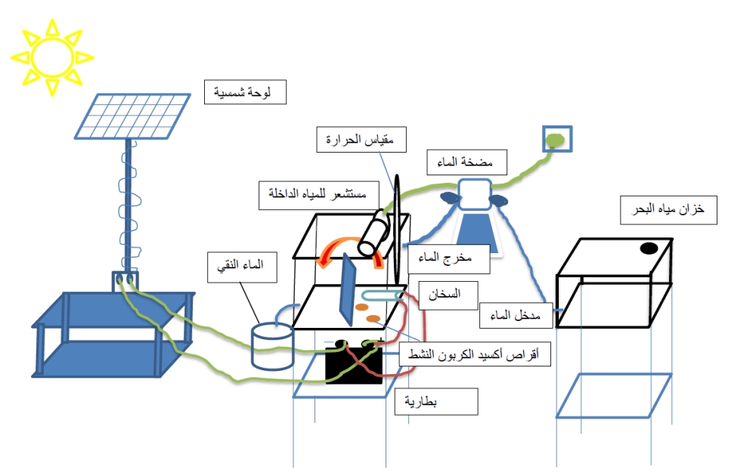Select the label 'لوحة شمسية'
247,94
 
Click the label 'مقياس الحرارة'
361,140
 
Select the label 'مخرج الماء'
448,258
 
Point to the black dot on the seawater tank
648,248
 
